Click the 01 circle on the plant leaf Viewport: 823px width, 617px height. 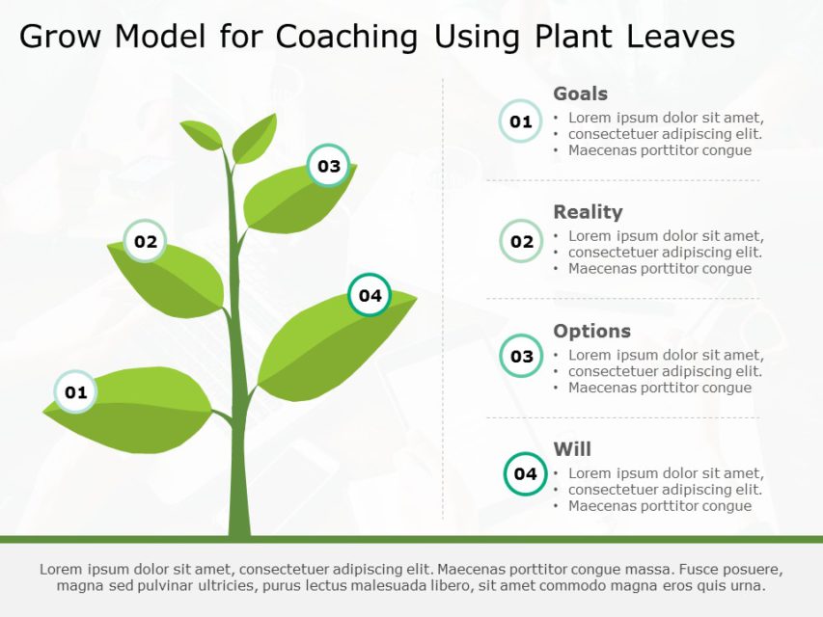click(75, 392)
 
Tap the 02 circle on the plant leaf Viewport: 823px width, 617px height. click(146, 242)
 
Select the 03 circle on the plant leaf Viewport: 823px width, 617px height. click(329, 166)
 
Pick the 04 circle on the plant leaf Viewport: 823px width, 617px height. click(370, 295)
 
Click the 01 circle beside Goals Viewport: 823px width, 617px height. click(521, 121)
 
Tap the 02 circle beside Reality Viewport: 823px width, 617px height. click(521, 241)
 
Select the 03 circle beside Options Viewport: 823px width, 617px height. click(521, 357)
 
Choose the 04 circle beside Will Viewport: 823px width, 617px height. click(525, 473)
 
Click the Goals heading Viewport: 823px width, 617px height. click(580, 94)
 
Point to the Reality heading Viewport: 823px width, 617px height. click(588, 212)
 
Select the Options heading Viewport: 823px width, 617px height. click(591, 331)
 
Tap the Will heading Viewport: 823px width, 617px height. click(572, 449)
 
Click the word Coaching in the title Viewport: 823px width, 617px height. click(346, 37)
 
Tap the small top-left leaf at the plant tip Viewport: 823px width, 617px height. click(203, 135)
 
